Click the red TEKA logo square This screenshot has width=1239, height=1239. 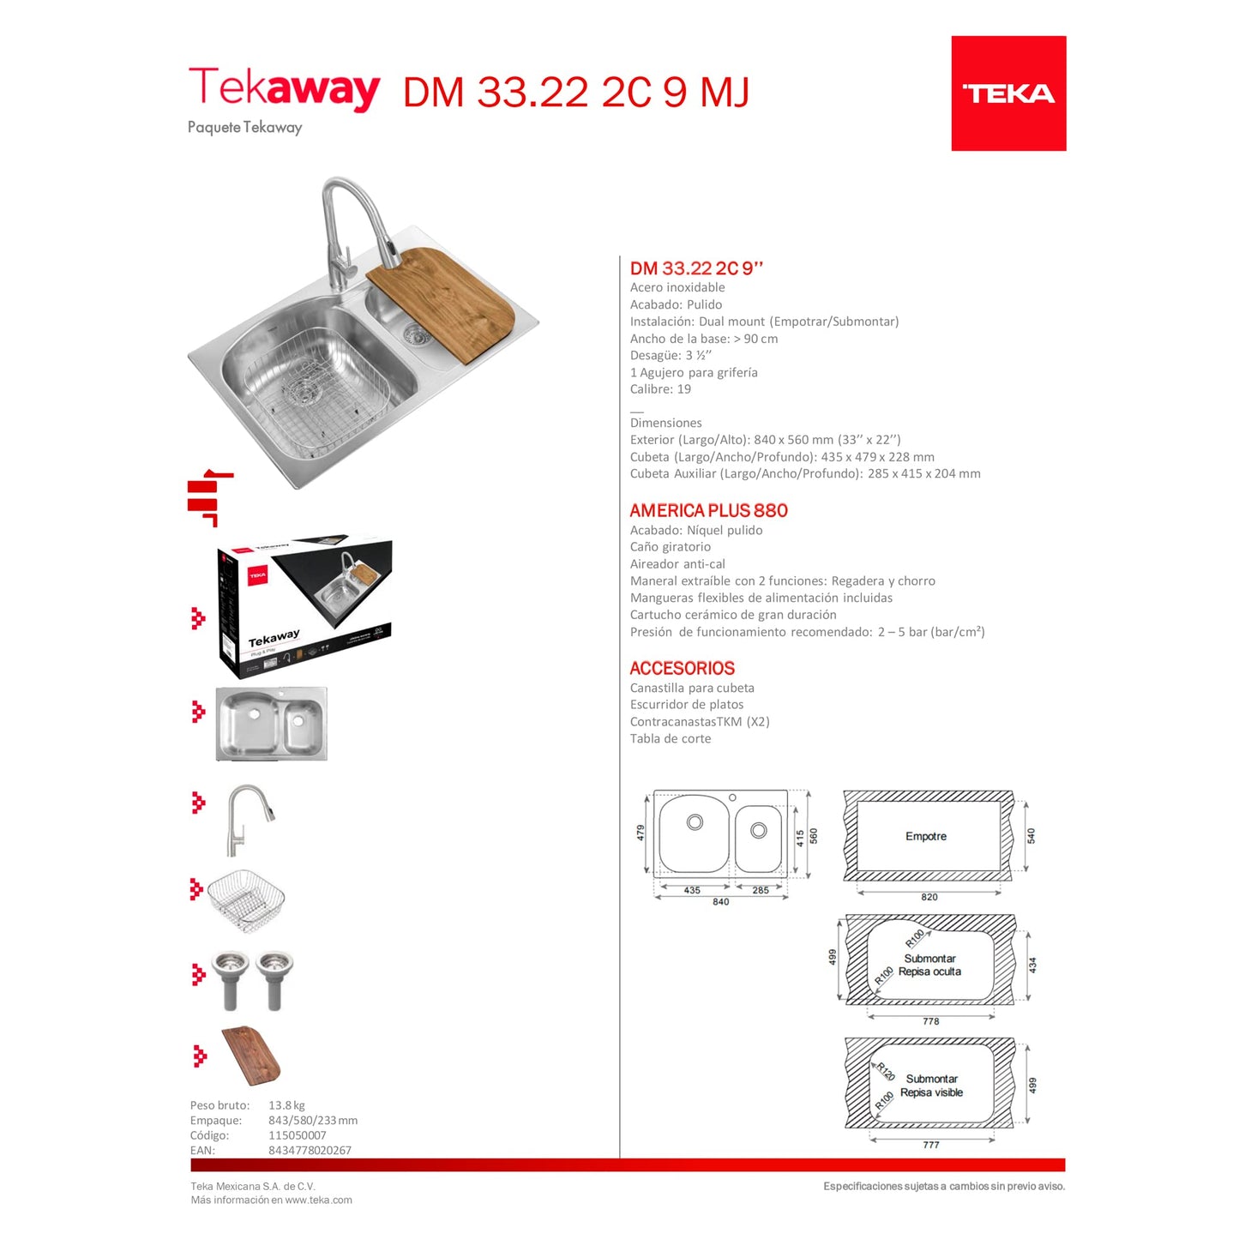pyautogui.click(x=1008, y=93)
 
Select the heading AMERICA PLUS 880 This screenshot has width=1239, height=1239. pyautogui.click(x=708, y=510)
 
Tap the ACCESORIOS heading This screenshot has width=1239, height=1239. pyautogui.click(x=682, y=668)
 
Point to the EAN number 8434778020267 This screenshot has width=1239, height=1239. pyautogui.click(x=310, y=1151)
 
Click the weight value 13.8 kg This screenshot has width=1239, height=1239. pyautogui.click(x=286, y=1105)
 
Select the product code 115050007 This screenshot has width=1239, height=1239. pyautogui.click(x=297, y=1135)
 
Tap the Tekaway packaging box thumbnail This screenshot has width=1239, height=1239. pyautogui.click(x=304, y=606)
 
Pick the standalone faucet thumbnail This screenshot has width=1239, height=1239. pyautogui.click(x=248, y=819)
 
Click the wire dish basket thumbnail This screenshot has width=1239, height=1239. pyautogui.click(x=246, y=899)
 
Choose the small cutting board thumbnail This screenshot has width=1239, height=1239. pyautogui.click(x=251, y=1055)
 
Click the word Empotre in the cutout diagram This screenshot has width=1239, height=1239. pyautogui.click(x=926, y=836)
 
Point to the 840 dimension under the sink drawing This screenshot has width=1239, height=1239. pyautogui.click(x=720, y=902)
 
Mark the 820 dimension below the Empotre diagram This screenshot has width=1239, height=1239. pyautogui.click(x=929, y=897)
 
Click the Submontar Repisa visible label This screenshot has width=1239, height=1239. pyautogui.click(x=931, y=1086)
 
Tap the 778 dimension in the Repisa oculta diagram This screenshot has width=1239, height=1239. pyautogui.click(x=931, y=1021)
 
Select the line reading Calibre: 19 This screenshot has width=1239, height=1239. pyautogui.click(x=660, y=389)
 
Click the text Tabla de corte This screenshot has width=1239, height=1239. pyautogui.click(x=670, y=738)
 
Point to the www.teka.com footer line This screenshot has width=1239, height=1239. pyautogui.click(x=271, y=1200)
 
